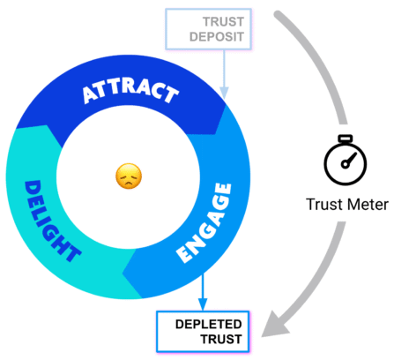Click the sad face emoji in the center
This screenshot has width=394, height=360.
coord(129,177)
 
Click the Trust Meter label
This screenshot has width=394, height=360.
coord(346,205)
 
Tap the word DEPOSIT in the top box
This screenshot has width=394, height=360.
coord(221,37)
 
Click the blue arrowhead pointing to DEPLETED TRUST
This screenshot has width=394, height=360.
coord(204,301)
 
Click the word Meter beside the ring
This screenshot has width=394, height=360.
coord(367,205)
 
